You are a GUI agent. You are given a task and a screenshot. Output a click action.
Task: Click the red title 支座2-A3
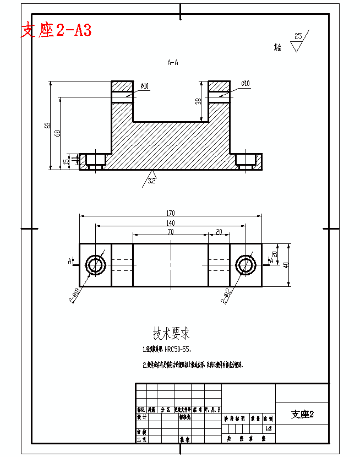(x=56, y=30)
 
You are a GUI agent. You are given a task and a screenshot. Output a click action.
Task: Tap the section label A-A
(x=173, y=63)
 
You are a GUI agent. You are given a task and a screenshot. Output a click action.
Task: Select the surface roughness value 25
(x=298, y=36)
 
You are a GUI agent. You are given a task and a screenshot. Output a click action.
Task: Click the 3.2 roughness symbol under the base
(x=151, y=179)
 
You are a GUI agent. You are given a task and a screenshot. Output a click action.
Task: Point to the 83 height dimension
(x=47, y=126)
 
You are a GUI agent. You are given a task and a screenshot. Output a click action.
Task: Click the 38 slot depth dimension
(x=198, y=101)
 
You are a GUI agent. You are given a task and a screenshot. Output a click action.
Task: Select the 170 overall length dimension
(x=171, y=213)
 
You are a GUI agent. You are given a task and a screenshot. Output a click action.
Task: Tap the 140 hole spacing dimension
(x=171, y=222)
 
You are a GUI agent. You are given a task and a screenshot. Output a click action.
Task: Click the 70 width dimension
(x=171, y=232)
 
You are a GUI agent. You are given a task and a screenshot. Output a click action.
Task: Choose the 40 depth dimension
(x=286, y=265)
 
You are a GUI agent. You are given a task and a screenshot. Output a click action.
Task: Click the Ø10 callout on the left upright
(x=144, y=85)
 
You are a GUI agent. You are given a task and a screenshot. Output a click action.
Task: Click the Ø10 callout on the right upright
(x=245, y=84)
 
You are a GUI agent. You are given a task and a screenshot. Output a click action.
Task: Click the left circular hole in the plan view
(x=96, y=265)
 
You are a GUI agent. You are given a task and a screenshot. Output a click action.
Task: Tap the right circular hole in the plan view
(x=246, y=265)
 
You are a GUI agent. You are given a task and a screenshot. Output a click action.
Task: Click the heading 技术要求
(x=171, y=333)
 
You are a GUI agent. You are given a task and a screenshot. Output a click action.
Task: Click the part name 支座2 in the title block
(x=302, y=414)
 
